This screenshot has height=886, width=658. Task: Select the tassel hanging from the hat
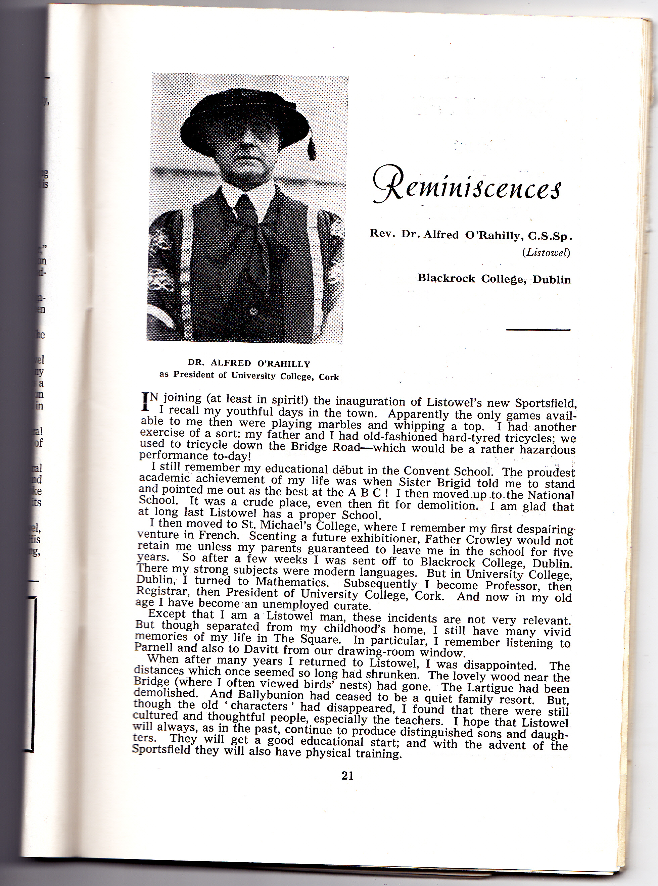point(312,147)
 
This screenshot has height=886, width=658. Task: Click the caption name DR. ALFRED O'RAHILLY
point(249,363)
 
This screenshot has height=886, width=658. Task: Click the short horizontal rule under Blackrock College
point(538,329)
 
